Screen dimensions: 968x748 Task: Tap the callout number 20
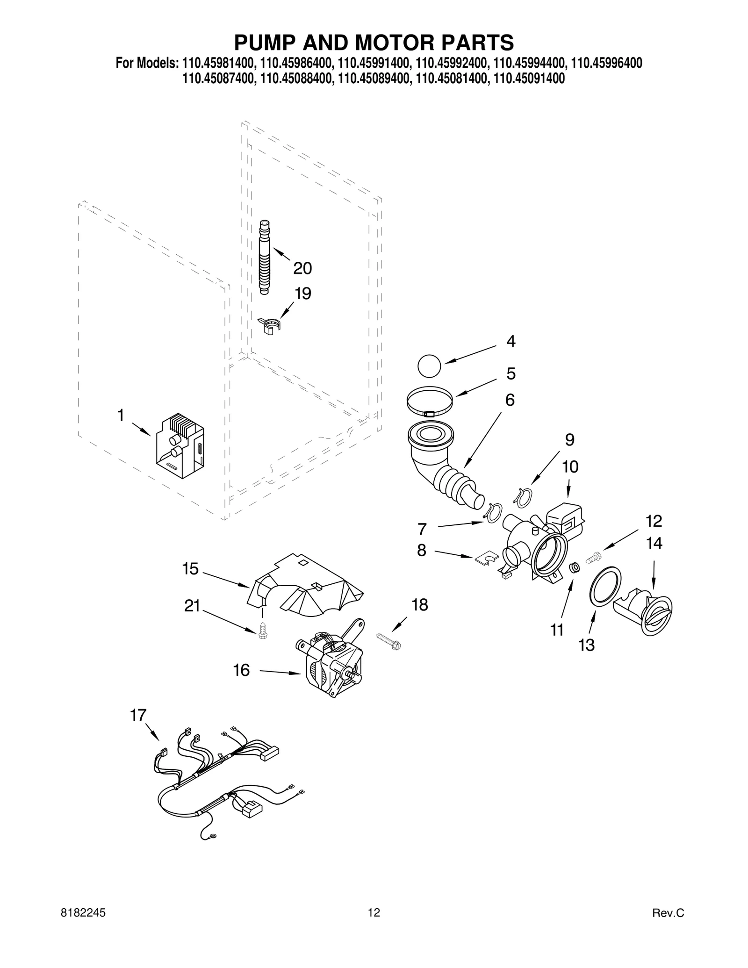pos(302,268)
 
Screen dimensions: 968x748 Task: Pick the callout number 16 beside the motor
pos(241,670)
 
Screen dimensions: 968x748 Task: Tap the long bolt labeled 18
pos(388,641)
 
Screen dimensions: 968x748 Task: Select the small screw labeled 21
pos(263,631)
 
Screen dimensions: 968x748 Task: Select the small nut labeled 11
pos(575,567)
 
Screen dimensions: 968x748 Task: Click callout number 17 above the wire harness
pos(138,716)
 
